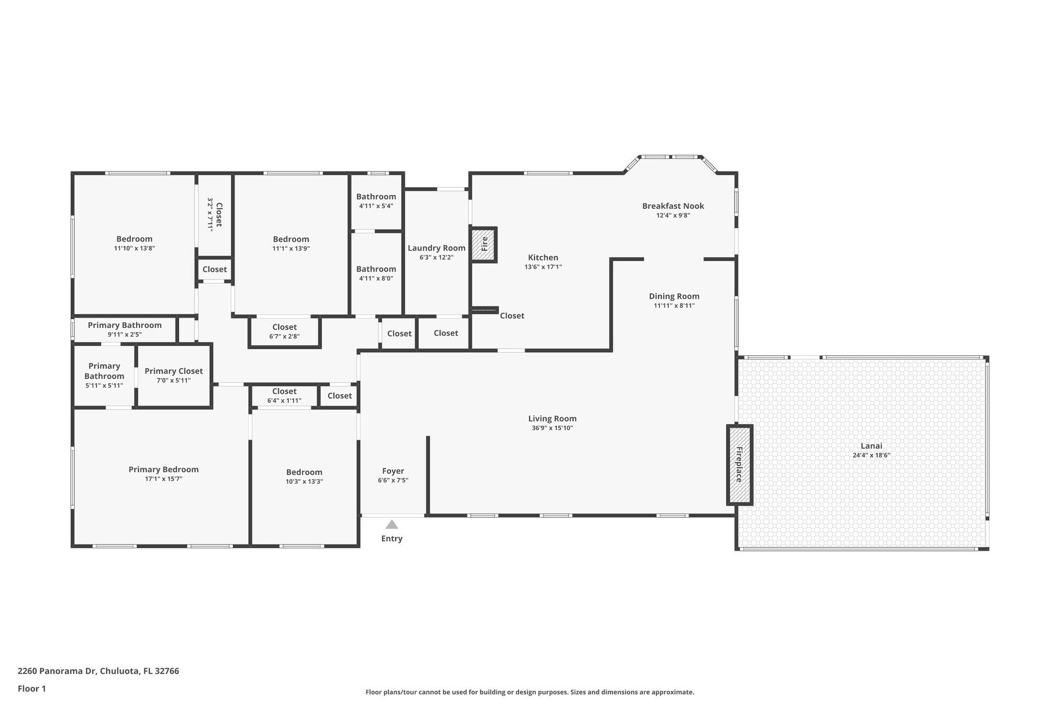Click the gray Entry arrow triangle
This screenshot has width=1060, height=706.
(x=392, y=524)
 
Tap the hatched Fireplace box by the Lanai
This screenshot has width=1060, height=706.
(x=740, y=464)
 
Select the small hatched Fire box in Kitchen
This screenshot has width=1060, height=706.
(x=484, y=244)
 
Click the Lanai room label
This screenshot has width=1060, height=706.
(x=871, y=446)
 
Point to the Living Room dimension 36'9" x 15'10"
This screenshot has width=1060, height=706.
(x=552, y=428)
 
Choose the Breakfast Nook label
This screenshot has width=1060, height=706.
(x=673, y=206)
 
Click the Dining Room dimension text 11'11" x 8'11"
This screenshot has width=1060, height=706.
(x=674, y=305)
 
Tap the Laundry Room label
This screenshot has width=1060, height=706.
(x=436, y=248)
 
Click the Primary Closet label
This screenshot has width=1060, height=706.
(x=173, y=371)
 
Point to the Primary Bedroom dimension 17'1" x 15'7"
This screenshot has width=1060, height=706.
(x=164, y=478)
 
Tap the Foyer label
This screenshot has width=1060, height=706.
(x=393, y=471)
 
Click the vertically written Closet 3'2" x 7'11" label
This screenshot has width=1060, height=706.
(x=215, y=214)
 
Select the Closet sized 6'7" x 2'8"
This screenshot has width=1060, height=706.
(x=284, y=331)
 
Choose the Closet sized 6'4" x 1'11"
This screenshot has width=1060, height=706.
(x=284, y=396)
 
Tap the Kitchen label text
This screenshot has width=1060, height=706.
(x=543, y=258)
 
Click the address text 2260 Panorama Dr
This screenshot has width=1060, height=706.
(x=57, y=671)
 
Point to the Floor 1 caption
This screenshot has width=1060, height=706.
(x=32, y=688)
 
